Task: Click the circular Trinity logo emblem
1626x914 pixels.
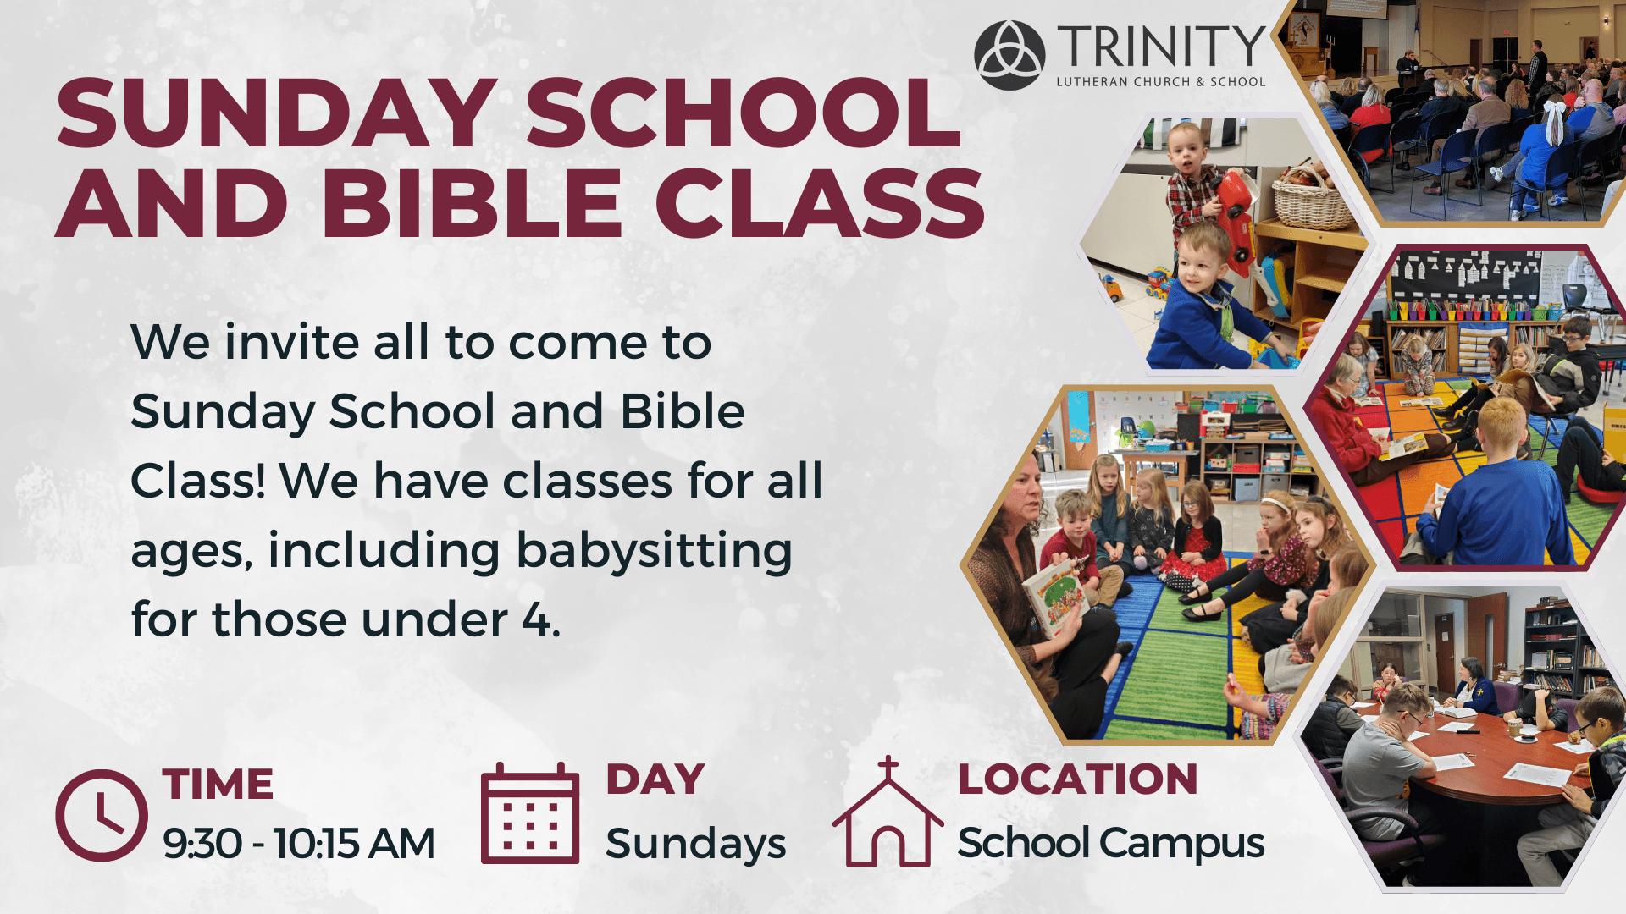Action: coord(1009,55)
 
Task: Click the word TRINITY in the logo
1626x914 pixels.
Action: coord(1161,47)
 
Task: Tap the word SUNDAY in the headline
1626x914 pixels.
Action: coord(276,113)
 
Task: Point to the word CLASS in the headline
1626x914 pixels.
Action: coord(820,203)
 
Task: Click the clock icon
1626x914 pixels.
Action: coord(102,815)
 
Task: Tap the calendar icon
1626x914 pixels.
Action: coord(530,813)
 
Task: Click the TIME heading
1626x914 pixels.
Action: coord(218,785)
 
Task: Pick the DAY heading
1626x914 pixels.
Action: coord(655,779)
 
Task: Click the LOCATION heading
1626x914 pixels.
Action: coord(1077,779)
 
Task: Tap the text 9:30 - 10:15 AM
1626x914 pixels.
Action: coord(299,844)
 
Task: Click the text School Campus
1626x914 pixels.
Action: coord(1111,844)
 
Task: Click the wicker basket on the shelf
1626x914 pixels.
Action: coord(1312,199)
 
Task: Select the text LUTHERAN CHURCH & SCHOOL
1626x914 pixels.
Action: coord(1161,82)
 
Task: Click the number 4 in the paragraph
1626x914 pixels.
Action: coord(535,620)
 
